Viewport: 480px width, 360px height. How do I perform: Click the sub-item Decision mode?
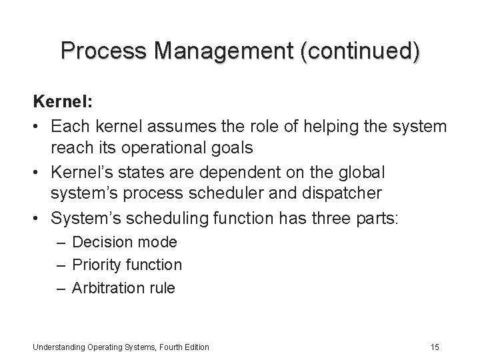coord(124,242)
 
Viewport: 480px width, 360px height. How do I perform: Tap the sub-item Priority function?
coord(127,265)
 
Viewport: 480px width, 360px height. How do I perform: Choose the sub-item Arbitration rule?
coord(123,287)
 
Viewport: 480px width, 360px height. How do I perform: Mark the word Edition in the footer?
coord(194,347)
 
